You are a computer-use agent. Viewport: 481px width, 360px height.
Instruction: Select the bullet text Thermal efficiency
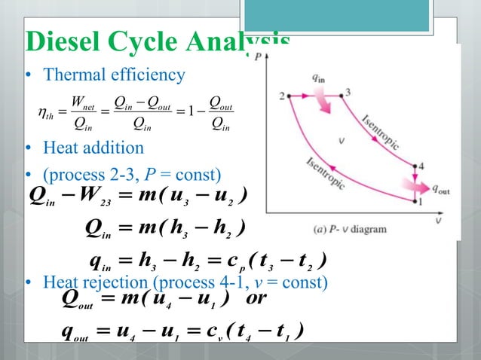coord(114,75)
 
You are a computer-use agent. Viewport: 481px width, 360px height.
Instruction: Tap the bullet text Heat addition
coord(93,148)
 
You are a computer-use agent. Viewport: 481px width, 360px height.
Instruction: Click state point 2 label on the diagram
coord(281,96)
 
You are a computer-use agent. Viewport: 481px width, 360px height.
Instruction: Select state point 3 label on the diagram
coord(348,92)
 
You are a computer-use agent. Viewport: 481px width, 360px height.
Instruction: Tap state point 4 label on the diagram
coord(421,166)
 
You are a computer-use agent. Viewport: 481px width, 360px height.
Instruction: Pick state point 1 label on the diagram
coord(421,202)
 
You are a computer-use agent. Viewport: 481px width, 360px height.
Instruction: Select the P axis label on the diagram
coord(260,56)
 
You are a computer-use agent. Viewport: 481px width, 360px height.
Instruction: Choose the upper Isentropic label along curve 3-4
coord(380,133)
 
